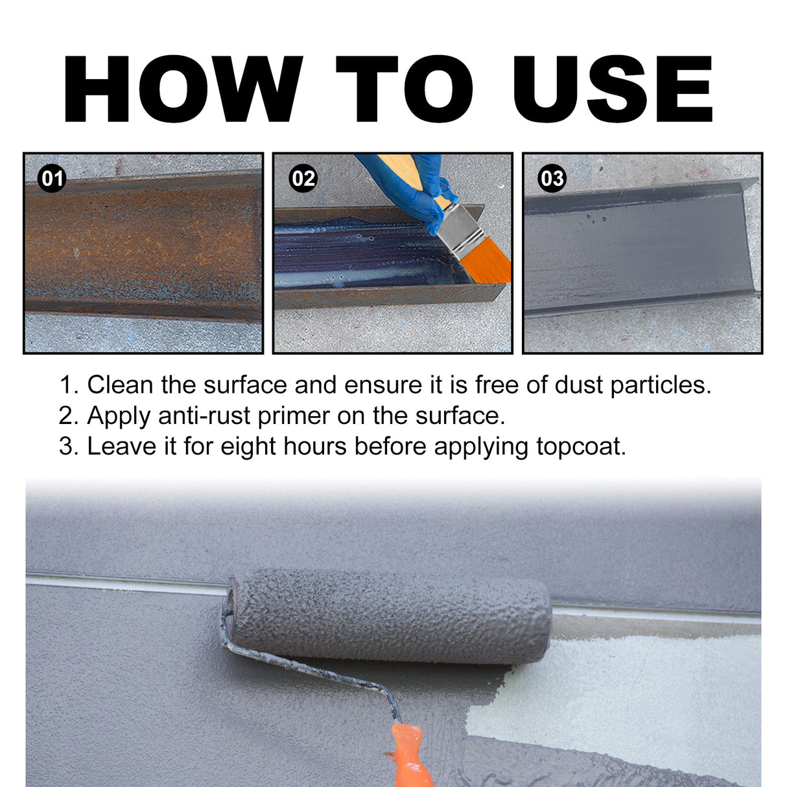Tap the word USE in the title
coord(612,89)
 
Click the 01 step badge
coord(52,178)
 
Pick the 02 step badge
coord(303,178)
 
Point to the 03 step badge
coord(552,178)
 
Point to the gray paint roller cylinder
coord(389,616)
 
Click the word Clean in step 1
coord(121,385)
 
